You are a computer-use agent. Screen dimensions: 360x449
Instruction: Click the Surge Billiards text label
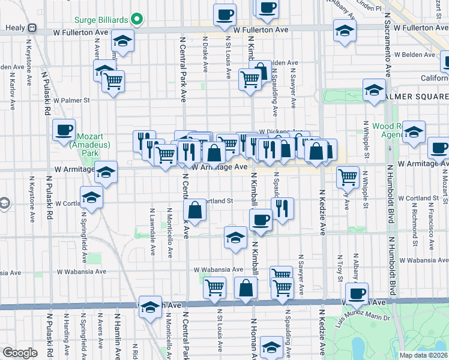[x=101, y=19]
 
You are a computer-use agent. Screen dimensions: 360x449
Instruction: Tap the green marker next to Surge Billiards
[x=137, y=19]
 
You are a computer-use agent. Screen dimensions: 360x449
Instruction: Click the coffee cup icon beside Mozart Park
[x=64, y=130]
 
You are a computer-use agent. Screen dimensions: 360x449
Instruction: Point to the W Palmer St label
[x=71, y=101]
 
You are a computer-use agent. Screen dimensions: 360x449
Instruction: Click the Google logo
[x=20, y=352]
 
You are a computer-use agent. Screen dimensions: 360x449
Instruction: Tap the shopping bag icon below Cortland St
[x=195, y=211]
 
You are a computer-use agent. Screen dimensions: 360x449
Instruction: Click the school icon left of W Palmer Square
[x=374, y=91]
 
